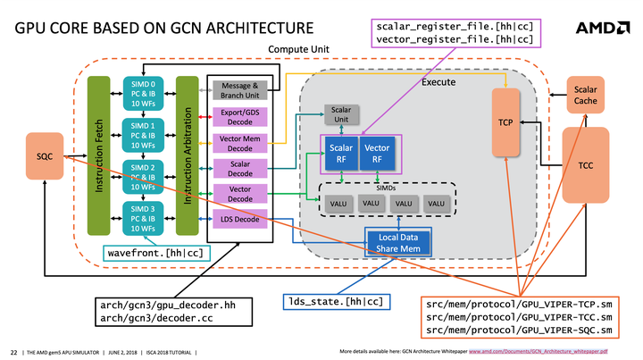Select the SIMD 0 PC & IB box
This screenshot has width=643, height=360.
[143, 91]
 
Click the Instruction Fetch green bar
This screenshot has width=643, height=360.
[96, 155]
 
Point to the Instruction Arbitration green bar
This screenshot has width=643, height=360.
[187, 155]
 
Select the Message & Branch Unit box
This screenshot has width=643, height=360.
[238, 91]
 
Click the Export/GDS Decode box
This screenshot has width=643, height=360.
[238, 117]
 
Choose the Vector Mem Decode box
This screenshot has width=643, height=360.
[238, 143]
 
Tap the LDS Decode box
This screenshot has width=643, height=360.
[238, 219]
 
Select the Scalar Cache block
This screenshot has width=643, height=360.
[585, 96]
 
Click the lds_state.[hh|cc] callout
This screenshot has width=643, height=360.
[335, 301]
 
